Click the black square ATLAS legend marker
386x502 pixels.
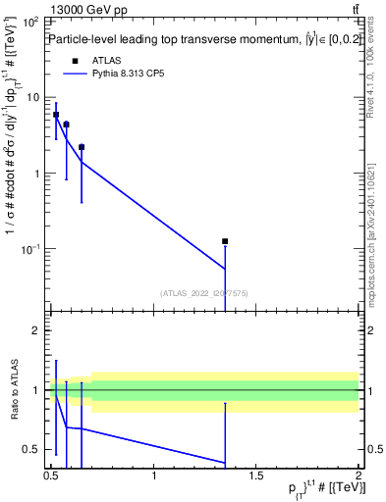(x=73, y=60)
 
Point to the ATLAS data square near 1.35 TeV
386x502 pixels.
(x=225, y=241)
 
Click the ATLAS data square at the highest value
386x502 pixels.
(x=56, y=115)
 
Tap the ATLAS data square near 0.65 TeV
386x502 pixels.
(x=82, y=147)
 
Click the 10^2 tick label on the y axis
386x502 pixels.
(x=31, y=22)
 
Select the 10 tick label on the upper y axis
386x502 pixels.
(x=33, y=97)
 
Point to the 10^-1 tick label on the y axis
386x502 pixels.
(x=31, y=250)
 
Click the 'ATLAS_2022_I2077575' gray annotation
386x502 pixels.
(x=203, y=292)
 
